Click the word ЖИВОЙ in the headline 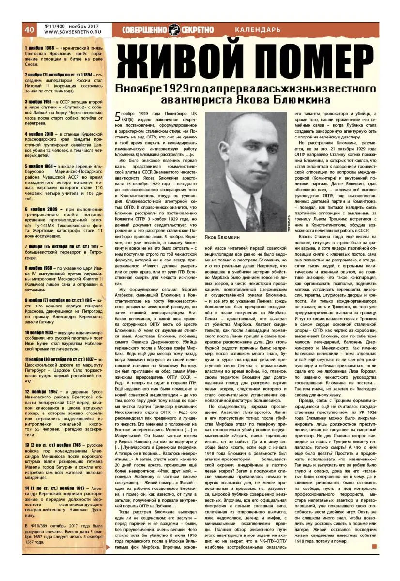(x=181, y=61)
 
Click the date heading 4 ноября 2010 (x=41, y=133)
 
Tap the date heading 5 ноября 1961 (x=41, y=166)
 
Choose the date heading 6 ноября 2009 (x=41, y=209)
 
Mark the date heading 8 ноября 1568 (x=41, y=268)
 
